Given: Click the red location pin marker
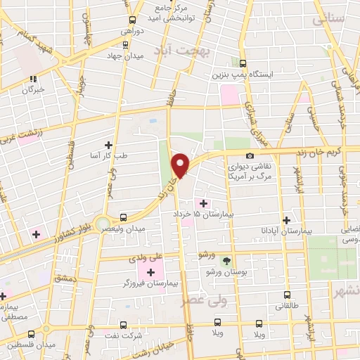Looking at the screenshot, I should pos(181,165).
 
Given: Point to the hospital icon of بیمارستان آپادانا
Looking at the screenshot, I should pos(285,220).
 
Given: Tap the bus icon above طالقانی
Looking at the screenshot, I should pos(287,295).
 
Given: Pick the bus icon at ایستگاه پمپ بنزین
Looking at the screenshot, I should pos(243,63).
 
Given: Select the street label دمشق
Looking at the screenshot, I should pos(64,278).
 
